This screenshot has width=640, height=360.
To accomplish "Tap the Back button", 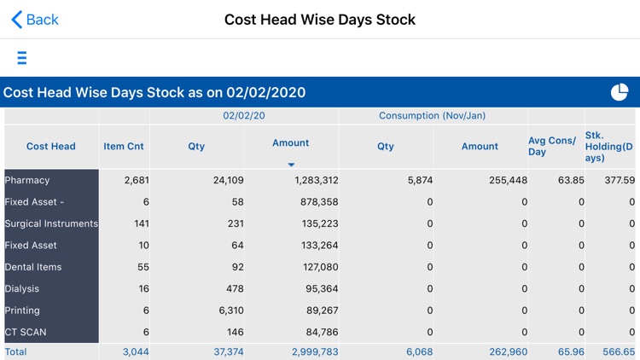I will [x=35, y=20].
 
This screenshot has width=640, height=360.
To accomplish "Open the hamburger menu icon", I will [x=22, y=58].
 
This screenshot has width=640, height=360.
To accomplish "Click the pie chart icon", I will [x=619, y=92].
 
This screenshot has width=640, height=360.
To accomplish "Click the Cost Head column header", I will [x=51, y=147].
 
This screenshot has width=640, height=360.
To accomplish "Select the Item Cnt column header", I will [x=124, y=147].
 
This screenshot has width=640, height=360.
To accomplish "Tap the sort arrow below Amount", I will [x=291, y=164].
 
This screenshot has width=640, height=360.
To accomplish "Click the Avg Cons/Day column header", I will [x=552, y=147].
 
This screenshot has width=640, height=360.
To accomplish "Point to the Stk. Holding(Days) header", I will [x=609, y=147].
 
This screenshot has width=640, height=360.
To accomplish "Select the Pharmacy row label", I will [x=27, y=180].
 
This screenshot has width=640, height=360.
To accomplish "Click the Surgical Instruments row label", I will [x=51, y=224].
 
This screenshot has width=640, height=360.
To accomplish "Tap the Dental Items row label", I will [x=33, y=267].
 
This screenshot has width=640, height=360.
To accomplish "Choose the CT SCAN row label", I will [x=28, y=332].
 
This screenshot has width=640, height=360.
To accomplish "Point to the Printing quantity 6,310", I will [x=226, y=311].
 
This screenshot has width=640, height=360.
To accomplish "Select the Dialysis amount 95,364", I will [x=316, y=288].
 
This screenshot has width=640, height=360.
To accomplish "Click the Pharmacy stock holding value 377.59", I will [x=620, y=180].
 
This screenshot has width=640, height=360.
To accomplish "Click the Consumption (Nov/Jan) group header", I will [x=433, y=115].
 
